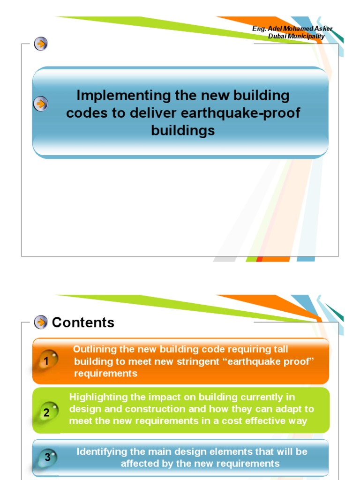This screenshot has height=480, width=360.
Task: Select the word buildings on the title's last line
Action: (183, 130)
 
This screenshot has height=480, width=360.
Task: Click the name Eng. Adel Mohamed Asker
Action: (292, 29)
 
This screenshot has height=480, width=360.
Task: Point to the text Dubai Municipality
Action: (296, 37)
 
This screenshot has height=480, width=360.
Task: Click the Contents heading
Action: (83, 322)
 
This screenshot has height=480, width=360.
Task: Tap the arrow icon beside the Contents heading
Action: (41, 322)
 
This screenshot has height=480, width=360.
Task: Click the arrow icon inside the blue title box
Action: (41, 104)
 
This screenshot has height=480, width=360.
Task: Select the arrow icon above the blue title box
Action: (41, 45)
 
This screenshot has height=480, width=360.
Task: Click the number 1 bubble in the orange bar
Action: (47, 361)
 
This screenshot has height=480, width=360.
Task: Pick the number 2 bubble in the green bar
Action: (47, 412)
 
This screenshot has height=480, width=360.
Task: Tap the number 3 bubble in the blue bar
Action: (48, 457)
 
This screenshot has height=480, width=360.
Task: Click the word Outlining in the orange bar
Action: (94, 349)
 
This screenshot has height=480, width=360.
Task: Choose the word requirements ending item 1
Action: (106, 374)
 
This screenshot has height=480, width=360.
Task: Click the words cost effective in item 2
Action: (250, 420)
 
